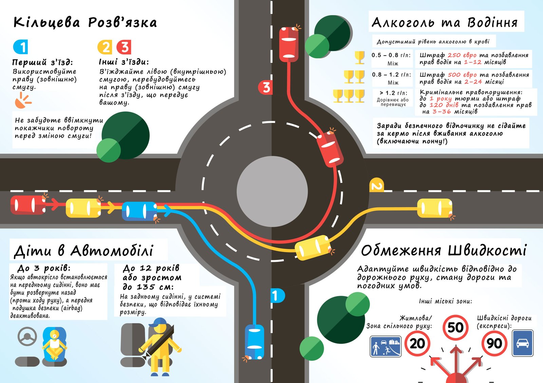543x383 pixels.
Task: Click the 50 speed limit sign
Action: click(455, 327)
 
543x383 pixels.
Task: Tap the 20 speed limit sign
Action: click(417, 343)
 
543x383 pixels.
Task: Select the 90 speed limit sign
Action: click(494, 343)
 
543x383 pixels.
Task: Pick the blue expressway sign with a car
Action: click(522, 343)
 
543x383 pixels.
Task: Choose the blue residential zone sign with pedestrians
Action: click(385, 346)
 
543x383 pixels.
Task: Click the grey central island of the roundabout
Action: click(272, 191)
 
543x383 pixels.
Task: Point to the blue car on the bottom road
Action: click(255, 342)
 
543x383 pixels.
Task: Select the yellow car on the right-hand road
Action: click(434, 208)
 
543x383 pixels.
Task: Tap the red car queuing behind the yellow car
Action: click(28, 205)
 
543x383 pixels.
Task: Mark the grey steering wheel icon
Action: click(27, 336)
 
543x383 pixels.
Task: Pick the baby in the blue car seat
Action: click(54, 344)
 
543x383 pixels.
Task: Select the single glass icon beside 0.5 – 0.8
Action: click(359, 57)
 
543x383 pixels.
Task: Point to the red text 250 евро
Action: click(462, 55)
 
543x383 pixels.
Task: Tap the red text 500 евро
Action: click(462, 75)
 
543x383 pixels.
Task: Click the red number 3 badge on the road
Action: click(266, 87)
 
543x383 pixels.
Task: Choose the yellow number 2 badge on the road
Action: click(376, 185)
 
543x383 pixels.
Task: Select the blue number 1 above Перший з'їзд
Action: click(21, 47)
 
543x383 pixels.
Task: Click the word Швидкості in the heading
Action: click(487, 251)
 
